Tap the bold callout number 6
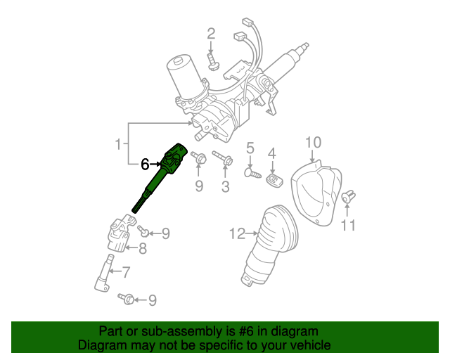[x=145, y=165]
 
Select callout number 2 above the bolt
[x=211, y=34]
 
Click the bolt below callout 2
[x=212, y=62]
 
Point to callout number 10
[x=313, y=143]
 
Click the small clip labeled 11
[x=349, y=196]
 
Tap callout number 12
[x=238, y=233]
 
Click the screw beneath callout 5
[x=253, y=174]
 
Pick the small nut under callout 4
[x=274, y=180]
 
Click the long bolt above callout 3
[x=222, y=158]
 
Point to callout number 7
[x=126, y=272]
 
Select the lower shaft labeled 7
[x=104, y=273]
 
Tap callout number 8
[x=143, y=248]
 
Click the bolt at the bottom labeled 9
[x=127, y=299]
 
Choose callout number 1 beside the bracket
[x=118, y=144]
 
